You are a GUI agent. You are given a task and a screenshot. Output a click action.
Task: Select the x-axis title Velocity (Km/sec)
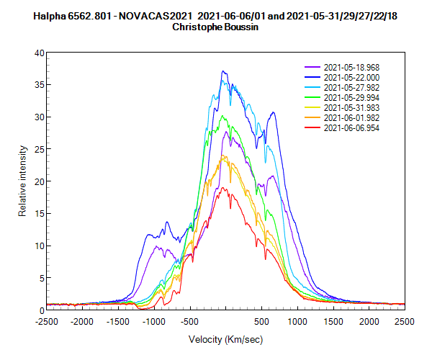[x=225, y=338]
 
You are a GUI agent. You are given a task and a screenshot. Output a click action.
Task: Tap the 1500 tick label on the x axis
[x=333, y=321]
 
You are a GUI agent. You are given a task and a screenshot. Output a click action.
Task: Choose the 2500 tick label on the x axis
[x=405, y=321]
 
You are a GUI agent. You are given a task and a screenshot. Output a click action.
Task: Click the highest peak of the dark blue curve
[x=224, y=71]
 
